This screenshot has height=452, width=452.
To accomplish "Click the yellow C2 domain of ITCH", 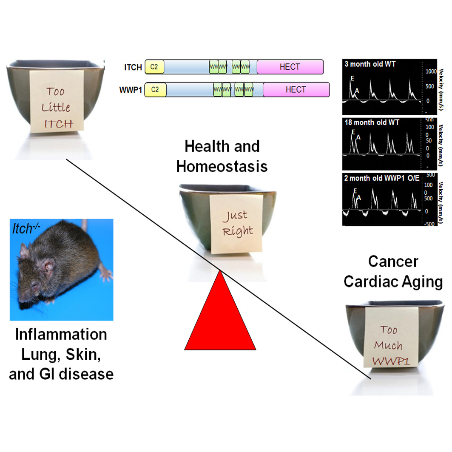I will [x=154, y=67].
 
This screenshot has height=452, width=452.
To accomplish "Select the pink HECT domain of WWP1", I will [x=296, y=90].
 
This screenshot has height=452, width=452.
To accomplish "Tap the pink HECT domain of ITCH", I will [x=290, y=67].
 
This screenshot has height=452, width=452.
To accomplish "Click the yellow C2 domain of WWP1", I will [x=155, y=90].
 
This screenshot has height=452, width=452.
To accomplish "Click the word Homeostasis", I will [x=222, y=166].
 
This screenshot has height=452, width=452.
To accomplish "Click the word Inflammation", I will [x=61, y=334].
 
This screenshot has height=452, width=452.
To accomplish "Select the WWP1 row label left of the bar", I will [x=131, y=90].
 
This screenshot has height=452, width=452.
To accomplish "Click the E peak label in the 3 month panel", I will [x=353, y=78].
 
